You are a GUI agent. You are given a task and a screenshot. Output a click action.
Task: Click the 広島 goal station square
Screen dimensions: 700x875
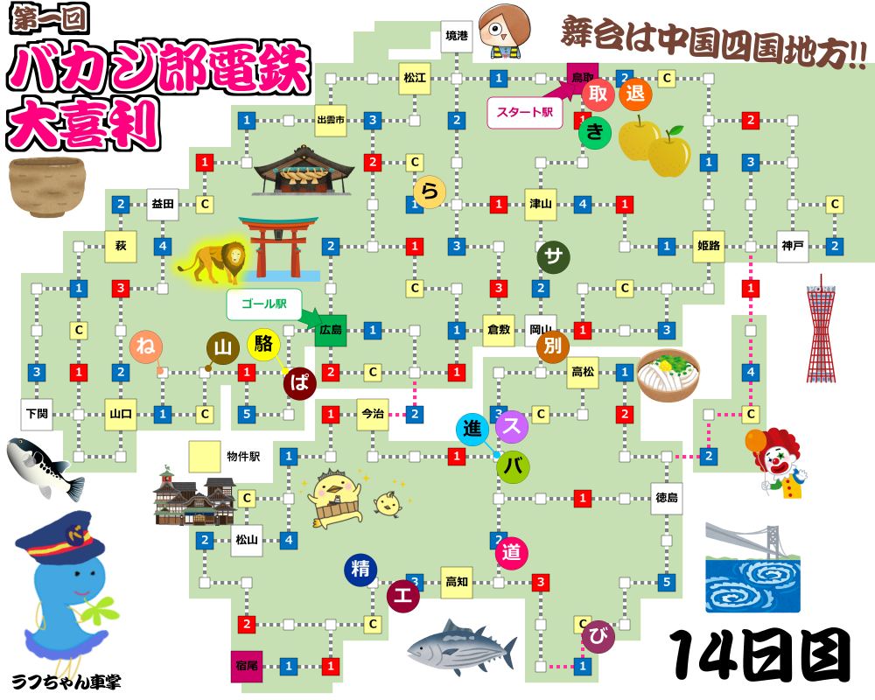(x=331, y=331)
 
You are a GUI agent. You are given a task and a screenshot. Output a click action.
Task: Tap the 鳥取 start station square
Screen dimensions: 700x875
(x=582, y=77)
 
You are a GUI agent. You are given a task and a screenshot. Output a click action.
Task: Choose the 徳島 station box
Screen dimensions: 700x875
(x=667, y=499)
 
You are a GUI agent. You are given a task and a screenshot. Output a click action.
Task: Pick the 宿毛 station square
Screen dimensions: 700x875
(x=247, y=666)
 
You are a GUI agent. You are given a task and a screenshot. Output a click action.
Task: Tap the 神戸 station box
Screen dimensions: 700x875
(x=793, y=247)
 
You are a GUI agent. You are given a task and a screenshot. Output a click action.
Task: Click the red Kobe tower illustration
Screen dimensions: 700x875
(x=821, y=328)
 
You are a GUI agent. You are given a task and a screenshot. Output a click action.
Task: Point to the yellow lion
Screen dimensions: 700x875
(x=213, y=260)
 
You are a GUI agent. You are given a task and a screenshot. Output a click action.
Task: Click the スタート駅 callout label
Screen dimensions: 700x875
(x=524, y=112)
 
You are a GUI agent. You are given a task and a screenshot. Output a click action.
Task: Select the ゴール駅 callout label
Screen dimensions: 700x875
(x=263, y=304)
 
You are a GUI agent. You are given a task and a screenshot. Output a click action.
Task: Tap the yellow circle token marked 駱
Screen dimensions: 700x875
(x=263, y=344)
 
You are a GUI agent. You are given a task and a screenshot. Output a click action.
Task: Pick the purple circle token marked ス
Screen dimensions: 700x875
(x=512, y=427)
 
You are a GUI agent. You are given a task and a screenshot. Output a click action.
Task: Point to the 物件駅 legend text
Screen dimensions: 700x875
(x=244, y=457)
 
